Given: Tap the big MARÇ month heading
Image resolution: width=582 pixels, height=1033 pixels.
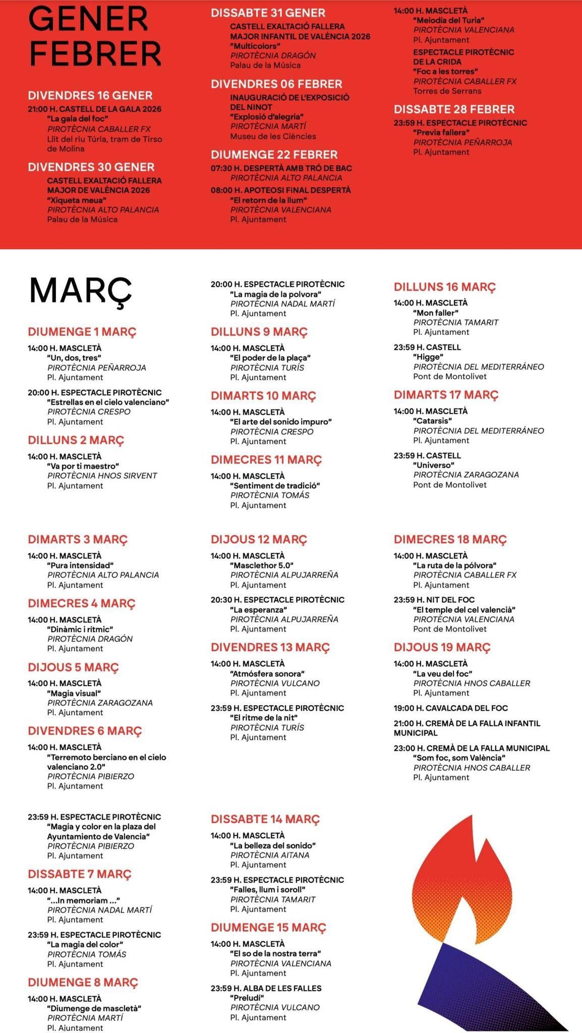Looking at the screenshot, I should click(x=81, y=292).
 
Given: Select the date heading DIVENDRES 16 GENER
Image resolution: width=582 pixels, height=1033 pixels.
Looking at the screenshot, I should click(x=90, y=95).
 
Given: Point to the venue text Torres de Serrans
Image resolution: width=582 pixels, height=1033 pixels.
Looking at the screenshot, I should click(x=447, y=91).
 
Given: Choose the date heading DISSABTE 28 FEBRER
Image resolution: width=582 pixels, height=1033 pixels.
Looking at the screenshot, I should click(x=454, y=109).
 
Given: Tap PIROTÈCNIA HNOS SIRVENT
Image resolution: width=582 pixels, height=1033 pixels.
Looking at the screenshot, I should click(x=102, y=476).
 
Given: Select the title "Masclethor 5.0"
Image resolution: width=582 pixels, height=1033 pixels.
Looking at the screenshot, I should click(x=261, y=565).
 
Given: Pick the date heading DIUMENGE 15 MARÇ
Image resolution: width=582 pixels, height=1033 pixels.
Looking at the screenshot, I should click(x=268, y=928).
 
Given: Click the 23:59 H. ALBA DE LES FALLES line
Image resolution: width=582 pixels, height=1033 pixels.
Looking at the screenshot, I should click(x=266, y=988).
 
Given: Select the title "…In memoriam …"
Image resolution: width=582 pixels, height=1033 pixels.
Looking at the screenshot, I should click(x=83, y=900).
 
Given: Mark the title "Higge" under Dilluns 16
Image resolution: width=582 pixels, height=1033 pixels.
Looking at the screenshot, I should click(x=428, y=357).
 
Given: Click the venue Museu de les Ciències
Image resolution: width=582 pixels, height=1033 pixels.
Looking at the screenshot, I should click(x=273, y=136).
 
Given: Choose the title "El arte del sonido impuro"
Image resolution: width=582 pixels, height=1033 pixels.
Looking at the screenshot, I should click(x=281, y=422).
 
